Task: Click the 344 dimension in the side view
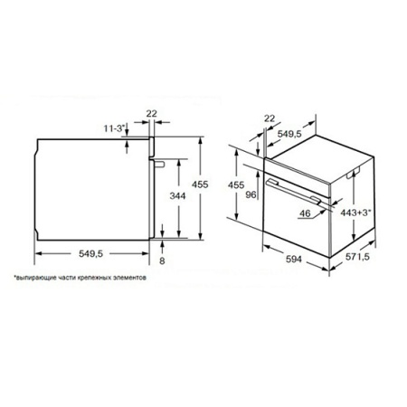click(177, 196)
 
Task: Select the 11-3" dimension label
click(114, 128)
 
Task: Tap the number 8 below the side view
click(162, 260)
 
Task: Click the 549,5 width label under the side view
click(90, 254)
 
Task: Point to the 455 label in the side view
click(200, 185)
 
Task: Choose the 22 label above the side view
click(152, 114)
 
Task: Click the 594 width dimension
click(294, 259)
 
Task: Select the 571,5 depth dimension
click(357, 257)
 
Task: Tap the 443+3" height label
click(355, 213)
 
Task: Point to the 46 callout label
click(305, 213)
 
